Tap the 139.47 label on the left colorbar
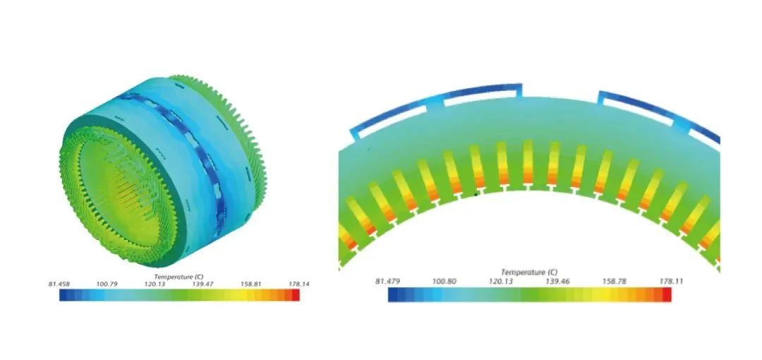click(202, 284)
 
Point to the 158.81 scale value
click(250, 284)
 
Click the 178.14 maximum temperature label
click(300, 284)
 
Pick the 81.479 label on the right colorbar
click(387, 282)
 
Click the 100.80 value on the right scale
click(444, 282)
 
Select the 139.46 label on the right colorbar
click(557, 282)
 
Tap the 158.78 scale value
click(615, 282)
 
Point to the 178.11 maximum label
click(671, 282)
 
